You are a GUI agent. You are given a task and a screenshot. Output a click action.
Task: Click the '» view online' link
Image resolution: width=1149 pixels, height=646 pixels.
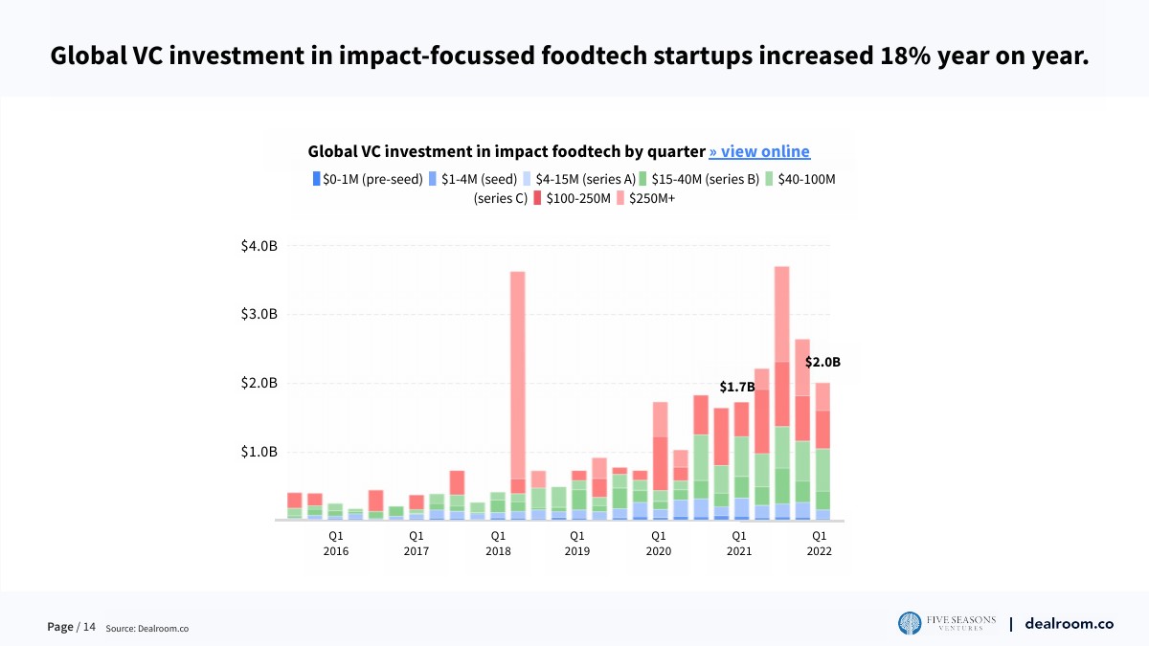point(759,151)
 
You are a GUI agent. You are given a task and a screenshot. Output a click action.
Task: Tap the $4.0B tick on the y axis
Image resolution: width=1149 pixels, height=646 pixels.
point(259,246)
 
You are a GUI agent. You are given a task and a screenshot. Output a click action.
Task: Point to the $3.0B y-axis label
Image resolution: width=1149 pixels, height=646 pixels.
point(259,315)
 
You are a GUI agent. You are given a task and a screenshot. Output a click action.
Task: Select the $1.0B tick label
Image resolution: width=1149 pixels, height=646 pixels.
point(259,452)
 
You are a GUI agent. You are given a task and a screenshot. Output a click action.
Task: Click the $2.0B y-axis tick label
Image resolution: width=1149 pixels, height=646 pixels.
point(259,383)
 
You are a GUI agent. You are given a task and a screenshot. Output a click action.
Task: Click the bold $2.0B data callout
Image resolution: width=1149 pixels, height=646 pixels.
point(822,363)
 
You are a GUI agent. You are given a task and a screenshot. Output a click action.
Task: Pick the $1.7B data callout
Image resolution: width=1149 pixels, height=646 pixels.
point(737,388)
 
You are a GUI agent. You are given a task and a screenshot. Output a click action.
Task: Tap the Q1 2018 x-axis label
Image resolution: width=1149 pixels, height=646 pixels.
point(498,544)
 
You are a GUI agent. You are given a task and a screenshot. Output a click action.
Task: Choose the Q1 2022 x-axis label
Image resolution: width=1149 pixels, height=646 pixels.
point(820,544)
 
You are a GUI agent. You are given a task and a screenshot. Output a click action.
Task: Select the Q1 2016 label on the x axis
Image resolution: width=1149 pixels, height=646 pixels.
point(336,544)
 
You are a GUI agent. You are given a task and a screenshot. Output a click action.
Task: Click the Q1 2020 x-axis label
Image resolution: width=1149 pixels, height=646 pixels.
point(658,544)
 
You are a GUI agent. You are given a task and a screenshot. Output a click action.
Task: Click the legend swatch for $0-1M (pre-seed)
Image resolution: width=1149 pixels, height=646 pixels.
point(316,178)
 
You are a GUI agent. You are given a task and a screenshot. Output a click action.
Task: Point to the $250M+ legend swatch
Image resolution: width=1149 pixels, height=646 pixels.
point(620,198)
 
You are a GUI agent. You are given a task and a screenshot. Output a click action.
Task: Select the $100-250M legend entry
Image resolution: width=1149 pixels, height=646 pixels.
point(572,198)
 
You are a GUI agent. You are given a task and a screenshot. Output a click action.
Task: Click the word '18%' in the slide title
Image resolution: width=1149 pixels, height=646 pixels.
point(905,55)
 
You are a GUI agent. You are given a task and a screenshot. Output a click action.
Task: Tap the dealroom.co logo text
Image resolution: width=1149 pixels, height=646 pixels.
point(1069,623)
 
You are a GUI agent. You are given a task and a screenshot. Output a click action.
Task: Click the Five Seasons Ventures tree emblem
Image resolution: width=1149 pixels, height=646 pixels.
point(910,623)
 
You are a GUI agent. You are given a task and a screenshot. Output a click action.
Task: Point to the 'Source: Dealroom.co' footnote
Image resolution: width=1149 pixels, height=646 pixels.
point(146,628)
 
